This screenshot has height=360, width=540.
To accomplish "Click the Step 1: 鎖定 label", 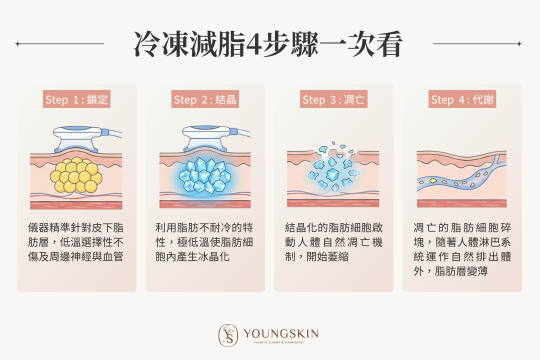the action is pyautogui.click(x=76, y=99).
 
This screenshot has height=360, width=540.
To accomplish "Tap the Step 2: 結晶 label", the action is pyautogui.click(x=205, y=99).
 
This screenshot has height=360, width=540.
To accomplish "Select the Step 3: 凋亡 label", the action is pyautogui.click(x=333, y=99).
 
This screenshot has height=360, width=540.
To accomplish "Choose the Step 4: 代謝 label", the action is pyautogui.click(x=462, y=99).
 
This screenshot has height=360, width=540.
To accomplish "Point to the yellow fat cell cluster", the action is pyautogui.click(x=76, y=175).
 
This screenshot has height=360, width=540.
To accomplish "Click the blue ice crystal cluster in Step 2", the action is pyautogui.click(x=205, y=175).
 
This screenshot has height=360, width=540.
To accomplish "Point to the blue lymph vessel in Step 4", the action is pyautogui.click(x=461, y=175).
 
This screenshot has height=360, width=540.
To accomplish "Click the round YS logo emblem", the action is pyautogui.click(x=228, y=335).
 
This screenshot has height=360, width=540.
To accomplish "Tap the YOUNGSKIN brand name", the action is pyautogui.click(x=280, y=333).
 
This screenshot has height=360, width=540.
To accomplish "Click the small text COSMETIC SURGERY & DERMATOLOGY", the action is pyautogui.click(x=279, y=342).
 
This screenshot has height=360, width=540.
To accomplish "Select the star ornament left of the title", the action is pyautogui.click(x=17, y=44).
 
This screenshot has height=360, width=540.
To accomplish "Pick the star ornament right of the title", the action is pyautogui.click(x=519, y=44).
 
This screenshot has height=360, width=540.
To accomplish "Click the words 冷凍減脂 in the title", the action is pyautogui.click(x=189, y=44).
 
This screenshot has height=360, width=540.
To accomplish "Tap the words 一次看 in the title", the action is pyautogui.click(x=361, y=44).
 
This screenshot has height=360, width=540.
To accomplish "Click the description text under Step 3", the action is pyautogui.click(x=333, y=242).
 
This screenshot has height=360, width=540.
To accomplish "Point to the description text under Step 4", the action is pyautogui.click(x=462, y=249).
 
